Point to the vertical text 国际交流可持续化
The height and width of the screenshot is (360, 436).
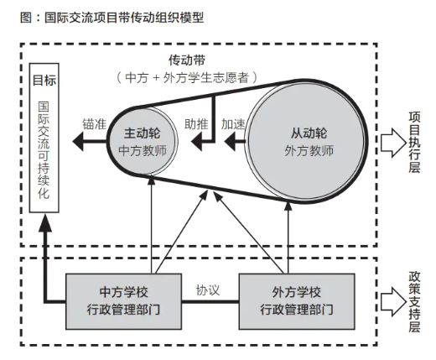pos(44,151)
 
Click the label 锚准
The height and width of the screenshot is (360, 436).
pos(94,123)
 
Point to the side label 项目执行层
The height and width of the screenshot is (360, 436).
pos(414,140)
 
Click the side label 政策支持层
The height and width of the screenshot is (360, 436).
pos(414,300)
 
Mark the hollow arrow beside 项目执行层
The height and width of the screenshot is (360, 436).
pos(392,141)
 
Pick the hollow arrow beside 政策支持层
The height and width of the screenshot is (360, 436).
pos(392,300)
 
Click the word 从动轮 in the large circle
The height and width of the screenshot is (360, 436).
pos(309,133)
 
